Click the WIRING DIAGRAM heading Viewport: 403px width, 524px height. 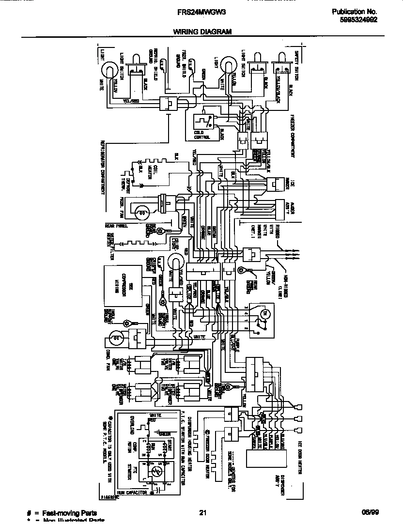(x=202, y=31)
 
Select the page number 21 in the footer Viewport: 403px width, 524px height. (x=203, y=513)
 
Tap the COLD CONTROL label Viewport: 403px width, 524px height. (x=202, y=135)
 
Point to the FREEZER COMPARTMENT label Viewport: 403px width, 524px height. (x=294, y=136)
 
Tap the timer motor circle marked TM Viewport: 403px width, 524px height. (x=264, y=315)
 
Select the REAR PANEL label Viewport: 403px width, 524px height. (x=116, y=226)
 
